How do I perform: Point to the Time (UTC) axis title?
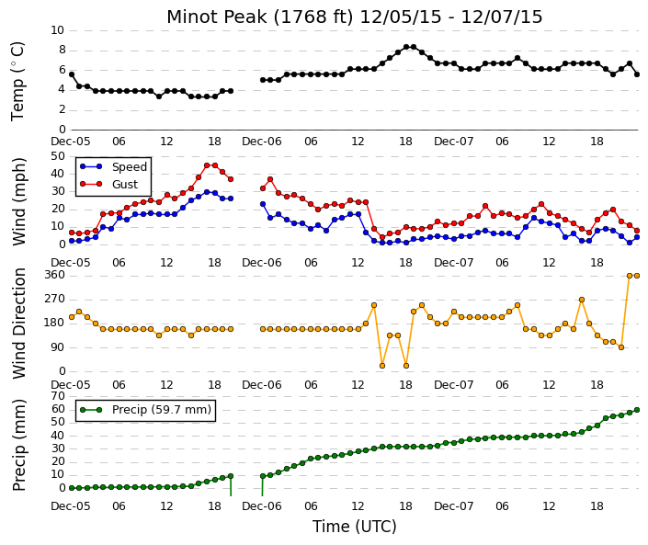click(x=354, y=527)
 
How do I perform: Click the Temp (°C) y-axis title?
click(x=18, y=82)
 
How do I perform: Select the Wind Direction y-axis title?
click(x=19, y=324)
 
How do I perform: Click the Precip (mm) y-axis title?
click(x=19, y=445)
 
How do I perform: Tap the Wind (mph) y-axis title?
click(x=19, y=201)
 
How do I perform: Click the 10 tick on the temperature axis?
click(x=57, y=30)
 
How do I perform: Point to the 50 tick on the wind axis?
click(x=58, y=156)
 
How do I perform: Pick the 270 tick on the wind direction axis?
click(x=54, y=299)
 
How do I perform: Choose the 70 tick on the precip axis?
click(x=58, y=396)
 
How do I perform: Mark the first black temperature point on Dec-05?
click(x=72, y=74)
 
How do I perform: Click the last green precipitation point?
click(x=637, y=410)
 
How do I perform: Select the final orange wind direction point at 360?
click(x=637, y=276)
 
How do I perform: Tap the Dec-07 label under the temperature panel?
click(x=453, y=142)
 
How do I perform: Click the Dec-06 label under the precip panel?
click(x=262, y=506)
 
